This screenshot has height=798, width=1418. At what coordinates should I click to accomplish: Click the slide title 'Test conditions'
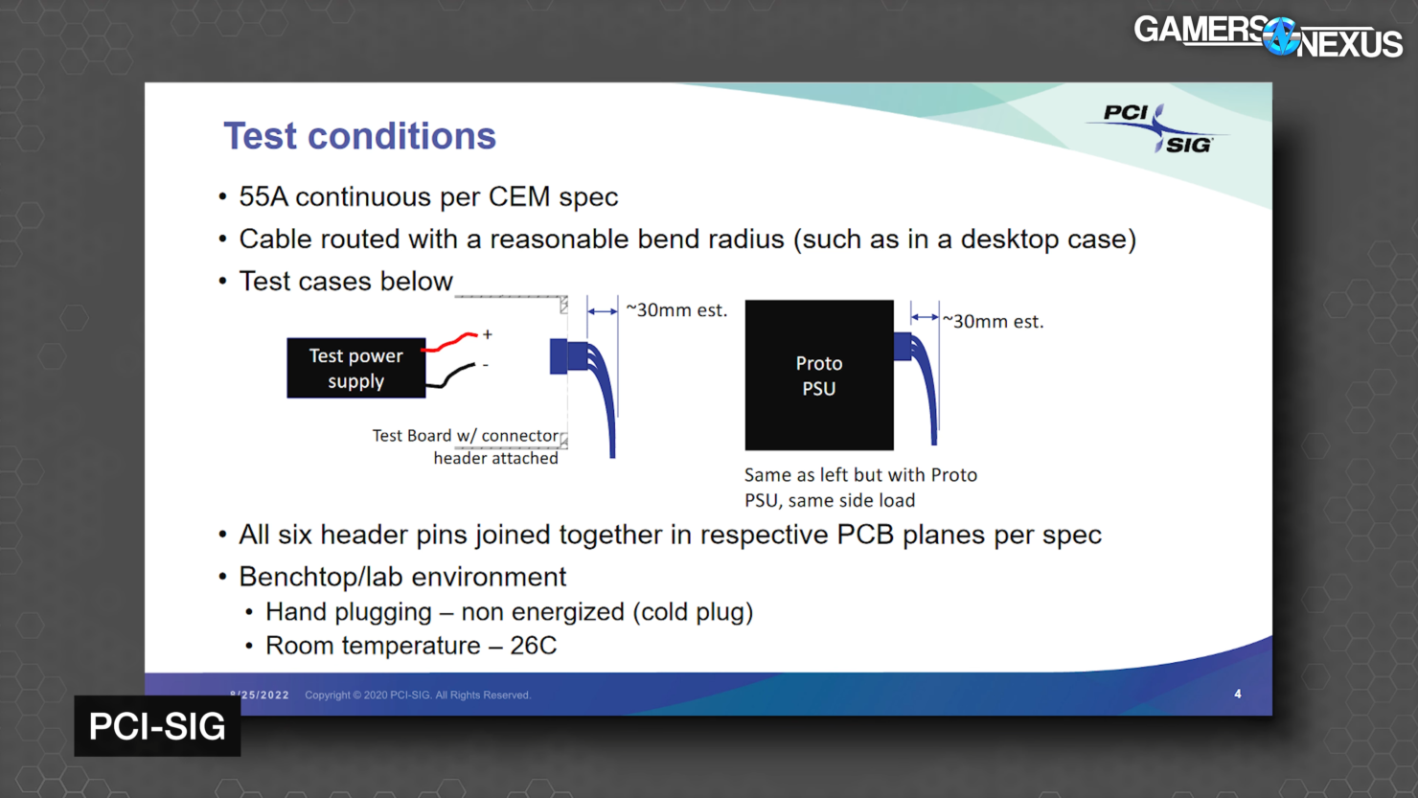point(359,136)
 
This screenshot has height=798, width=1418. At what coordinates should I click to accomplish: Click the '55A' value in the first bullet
point(263,196)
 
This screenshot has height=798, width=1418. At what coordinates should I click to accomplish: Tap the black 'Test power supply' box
point(355,368)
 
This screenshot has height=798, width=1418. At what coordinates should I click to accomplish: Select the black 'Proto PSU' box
point(818,375)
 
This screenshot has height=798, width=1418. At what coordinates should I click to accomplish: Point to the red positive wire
point(450,342)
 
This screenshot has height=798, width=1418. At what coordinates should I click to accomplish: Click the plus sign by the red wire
point(488,334)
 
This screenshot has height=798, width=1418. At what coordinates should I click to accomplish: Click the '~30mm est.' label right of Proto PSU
point(993,322)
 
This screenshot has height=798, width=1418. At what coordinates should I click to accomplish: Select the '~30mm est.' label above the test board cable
point(676,310)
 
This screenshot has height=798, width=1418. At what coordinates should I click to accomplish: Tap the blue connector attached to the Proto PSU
point(903,346)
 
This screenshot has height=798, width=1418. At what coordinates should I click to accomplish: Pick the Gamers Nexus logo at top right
point(1267,36)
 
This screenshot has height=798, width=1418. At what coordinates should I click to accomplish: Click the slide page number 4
point(1238,694)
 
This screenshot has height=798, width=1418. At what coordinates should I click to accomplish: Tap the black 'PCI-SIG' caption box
point(157,726)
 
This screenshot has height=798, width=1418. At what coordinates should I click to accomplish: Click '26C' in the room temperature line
point(533,646)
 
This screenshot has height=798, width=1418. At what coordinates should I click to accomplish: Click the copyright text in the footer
point(417,695)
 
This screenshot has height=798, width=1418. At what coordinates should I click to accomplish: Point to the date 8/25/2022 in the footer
point(260,695)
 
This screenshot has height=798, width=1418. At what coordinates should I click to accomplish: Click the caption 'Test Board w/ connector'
point(465,436)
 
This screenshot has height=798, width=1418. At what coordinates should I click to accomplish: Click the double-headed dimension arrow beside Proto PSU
point(925,317)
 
